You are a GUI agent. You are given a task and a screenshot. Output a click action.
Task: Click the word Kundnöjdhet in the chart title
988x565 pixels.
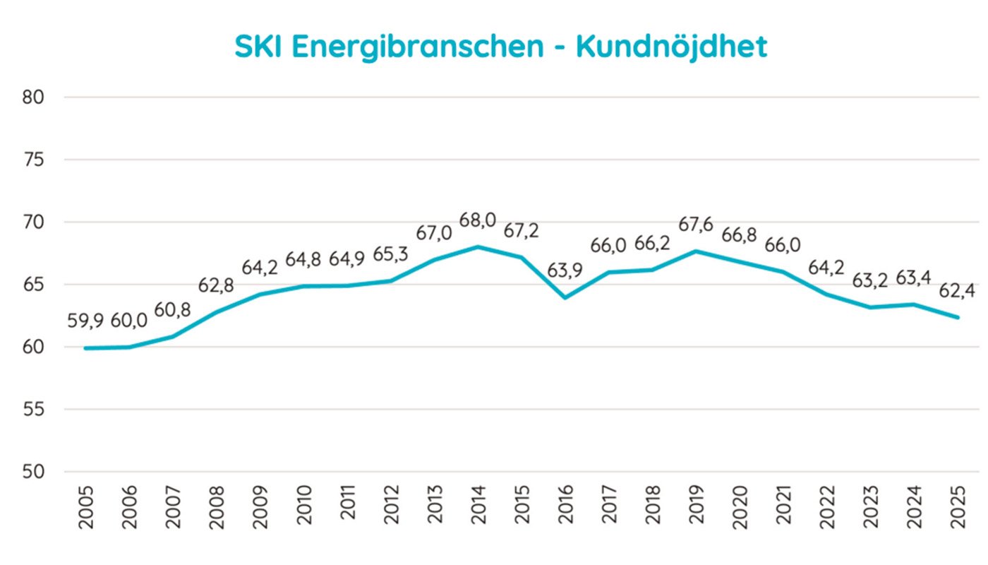(x=671, y=47)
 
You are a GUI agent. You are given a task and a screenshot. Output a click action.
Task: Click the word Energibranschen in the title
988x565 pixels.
(x=416, y=47)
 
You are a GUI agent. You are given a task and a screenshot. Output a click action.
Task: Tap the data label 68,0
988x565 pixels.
(x=478, y=220)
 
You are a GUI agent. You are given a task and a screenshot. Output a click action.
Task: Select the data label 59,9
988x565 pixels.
(x=85, y=321)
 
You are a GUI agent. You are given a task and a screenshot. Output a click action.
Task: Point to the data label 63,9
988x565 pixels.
(x=565, y=271)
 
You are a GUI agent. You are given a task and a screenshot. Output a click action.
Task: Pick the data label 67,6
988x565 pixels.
(x=697, y=225)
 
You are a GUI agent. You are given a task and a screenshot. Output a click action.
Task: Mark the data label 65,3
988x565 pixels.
(x=390, y=254)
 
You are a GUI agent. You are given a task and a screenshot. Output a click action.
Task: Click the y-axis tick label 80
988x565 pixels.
(x=34, y=97)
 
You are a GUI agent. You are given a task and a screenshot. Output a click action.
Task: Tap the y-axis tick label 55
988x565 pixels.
(x=34, y=410)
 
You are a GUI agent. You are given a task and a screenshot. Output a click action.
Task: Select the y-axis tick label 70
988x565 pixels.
(x=34, y=222)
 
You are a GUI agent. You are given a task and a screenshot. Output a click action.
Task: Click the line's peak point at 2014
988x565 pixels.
(x=478, y=246)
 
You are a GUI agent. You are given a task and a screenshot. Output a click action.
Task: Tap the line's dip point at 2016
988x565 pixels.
(x=565, y=297)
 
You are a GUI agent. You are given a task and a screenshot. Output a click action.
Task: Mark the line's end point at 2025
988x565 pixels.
(x=958, y=317)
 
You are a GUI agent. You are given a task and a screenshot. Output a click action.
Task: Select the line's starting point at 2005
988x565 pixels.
(x=85, y=348)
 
